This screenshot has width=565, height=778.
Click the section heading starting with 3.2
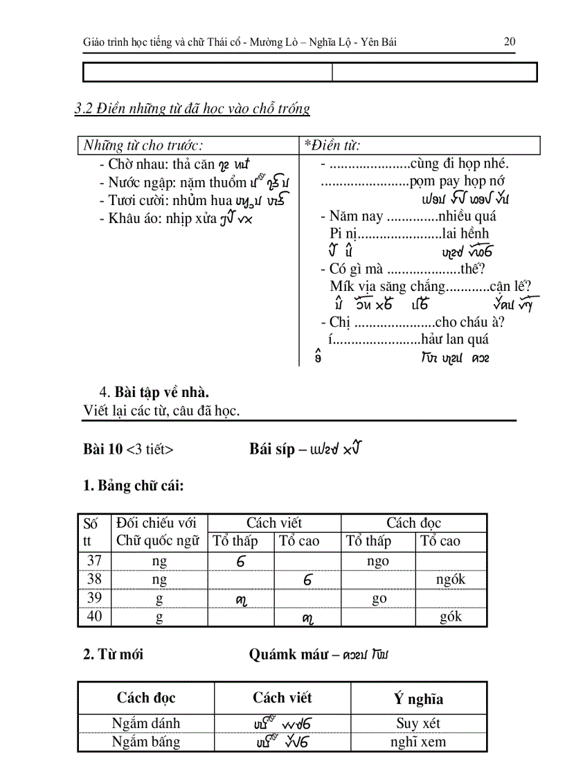click(192, 108)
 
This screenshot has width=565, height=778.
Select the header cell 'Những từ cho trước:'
click(143, 145)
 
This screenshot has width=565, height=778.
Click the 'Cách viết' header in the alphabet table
click(274, 523)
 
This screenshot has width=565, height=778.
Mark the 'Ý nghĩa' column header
click(418, 699)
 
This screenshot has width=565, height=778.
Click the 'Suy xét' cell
click(418, 723)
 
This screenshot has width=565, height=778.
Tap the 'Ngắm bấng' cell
click(146, 742)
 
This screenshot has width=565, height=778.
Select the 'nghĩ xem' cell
click(418, 742)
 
